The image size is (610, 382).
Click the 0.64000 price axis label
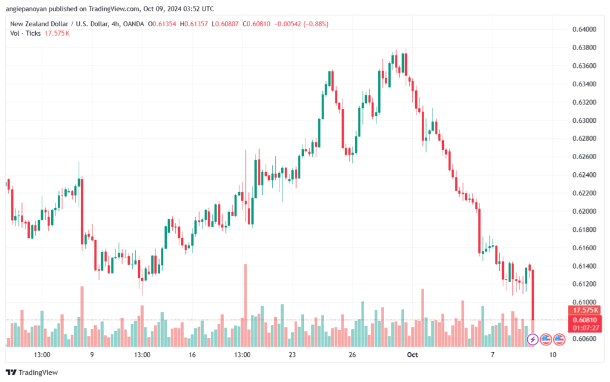[584, 29]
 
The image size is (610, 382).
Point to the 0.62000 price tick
[584, 211]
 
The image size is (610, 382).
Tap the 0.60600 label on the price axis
[584, 339]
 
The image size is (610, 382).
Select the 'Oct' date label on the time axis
[412, 355]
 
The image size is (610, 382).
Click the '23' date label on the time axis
[292, 355]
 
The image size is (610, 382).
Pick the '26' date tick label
[352, 355]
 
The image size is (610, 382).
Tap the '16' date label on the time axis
[192, 355]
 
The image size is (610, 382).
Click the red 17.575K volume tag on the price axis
[585, 310]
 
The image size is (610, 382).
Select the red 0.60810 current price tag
[585, 320]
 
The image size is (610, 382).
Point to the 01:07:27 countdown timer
[585, 328]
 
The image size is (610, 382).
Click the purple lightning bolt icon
[533, 339]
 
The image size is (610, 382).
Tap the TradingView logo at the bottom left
[32, 372]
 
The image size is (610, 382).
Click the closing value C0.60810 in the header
[256, 24]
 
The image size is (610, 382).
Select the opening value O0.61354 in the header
[162, 24]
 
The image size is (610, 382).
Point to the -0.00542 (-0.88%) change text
[301, 24]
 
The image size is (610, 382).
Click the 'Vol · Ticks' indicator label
[25, 33]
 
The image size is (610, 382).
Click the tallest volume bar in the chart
[245, 305]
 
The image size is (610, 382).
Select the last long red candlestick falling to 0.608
[533, 295]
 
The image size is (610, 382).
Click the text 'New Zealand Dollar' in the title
[39, 24]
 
